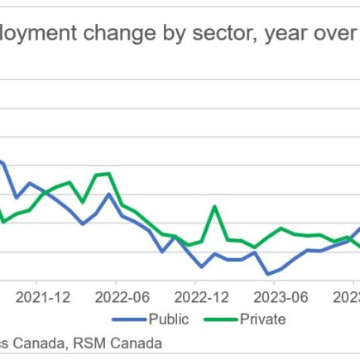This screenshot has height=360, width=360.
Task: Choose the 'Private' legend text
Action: [262, 319]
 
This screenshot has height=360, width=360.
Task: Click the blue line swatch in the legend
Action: [127, 319]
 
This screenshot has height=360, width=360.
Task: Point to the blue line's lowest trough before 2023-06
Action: [267, 274]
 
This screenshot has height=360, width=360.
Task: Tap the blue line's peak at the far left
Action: [3, 162]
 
